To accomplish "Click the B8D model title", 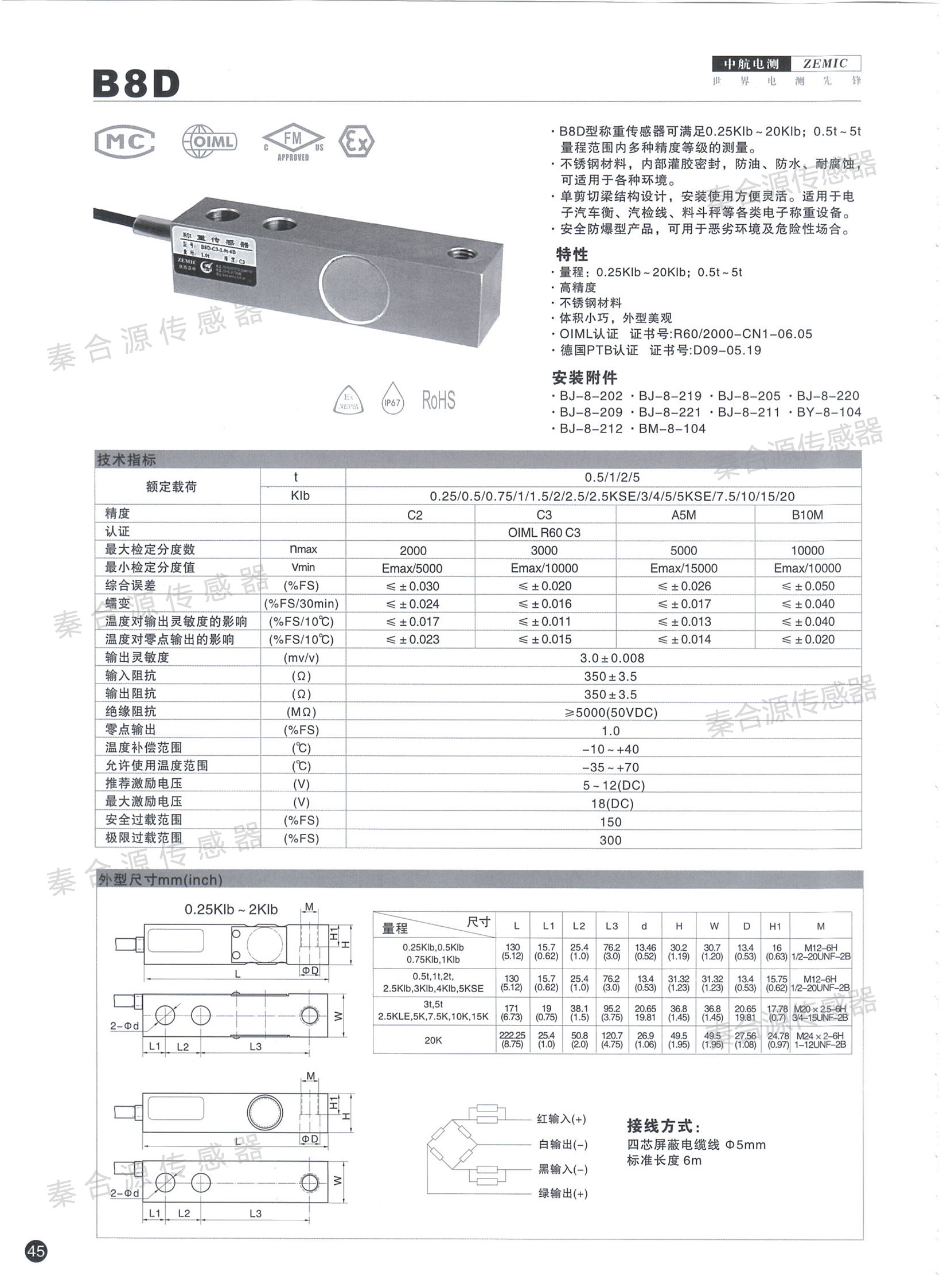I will coord(136,84).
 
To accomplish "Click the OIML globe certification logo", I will coord(209,141).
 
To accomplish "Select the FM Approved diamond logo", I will coord(293,142).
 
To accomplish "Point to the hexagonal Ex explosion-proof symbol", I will coord(356,141).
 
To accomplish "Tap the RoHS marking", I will coord(439,400).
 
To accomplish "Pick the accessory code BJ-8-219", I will coord(670,396).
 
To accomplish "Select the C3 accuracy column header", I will coord(544,515).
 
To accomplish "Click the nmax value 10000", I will coord(807,551).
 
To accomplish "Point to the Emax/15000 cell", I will coord(684,568).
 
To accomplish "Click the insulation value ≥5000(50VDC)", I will coord(611,712).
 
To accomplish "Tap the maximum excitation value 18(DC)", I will coord(612,803).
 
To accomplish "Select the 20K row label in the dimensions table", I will coord(433,1040).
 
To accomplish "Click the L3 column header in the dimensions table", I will coord(611,926).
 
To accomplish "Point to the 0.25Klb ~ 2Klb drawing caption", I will coord(231,909).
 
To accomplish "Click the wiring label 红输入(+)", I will coord(562,1118).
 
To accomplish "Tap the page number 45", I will coord(36,1250).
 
